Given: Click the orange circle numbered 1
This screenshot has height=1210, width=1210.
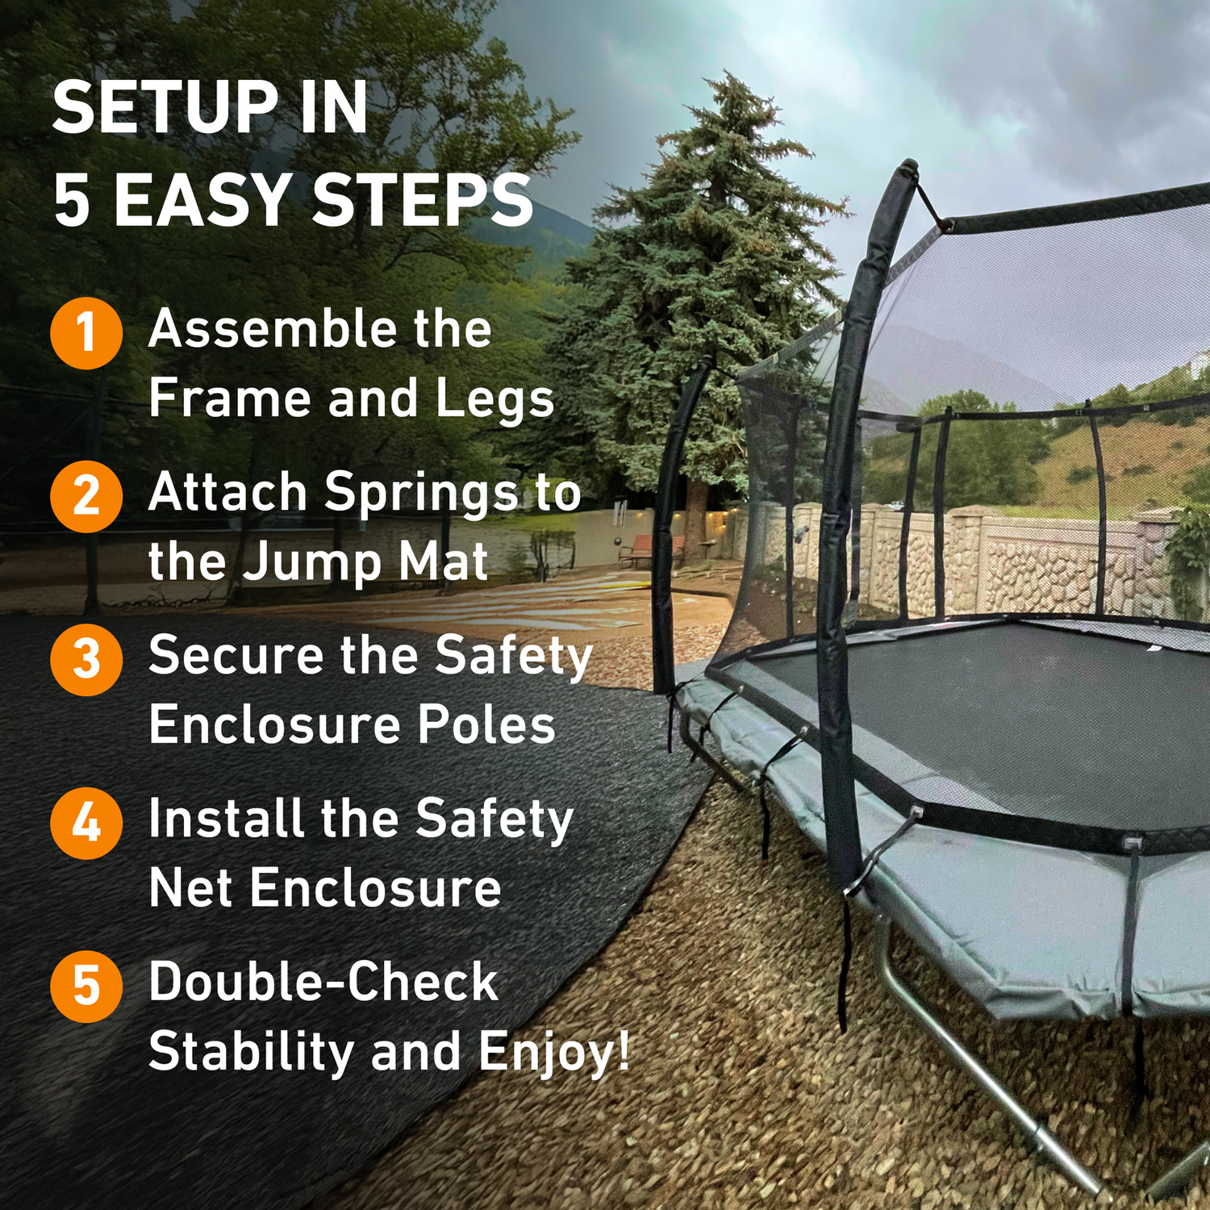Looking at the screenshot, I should [86, 333].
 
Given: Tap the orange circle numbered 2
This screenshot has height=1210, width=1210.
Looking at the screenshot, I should [86, 496].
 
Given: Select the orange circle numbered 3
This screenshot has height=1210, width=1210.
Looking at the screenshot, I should [86, 659].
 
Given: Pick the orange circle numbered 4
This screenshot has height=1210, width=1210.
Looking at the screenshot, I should [86, 823].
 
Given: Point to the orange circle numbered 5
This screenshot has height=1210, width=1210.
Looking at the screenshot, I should [86, 986].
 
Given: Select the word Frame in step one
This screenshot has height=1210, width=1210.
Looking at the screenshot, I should [229, 398].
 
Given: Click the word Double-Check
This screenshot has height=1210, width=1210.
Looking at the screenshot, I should [323, 982].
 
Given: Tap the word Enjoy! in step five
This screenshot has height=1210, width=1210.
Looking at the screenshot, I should [553, 1053].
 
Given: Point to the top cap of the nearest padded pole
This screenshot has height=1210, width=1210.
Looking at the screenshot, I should [908, 168].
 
